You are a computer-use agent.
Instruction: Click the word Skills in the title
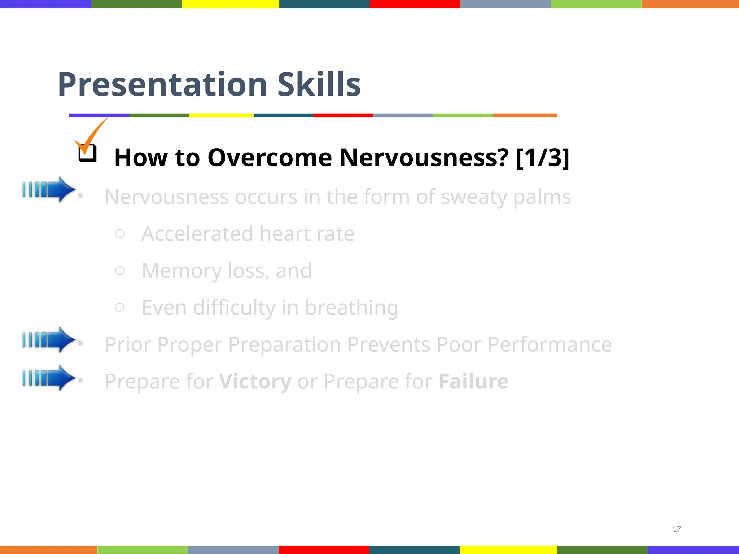[319, 85]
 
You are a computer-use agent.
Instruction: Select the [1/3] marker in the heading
[542, 158]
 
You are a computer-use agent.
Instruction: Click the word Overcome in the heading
[270, 158]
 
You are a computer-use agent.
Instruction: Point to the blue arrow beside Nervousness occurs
[49, 189]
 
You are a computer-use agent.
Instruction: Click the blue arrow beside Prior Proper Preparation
[49, 339]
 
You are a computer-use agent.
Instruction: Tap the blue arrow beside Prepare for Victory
[49, 378]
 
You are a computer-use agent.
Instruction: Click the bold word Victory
[255, 382]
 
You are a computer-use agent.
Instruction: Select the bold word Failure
[473, 382]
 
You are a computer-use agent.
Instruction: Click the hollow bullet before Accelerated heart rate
[120, 234]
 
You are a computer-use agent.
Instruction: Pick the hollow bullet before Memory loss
[120, 271]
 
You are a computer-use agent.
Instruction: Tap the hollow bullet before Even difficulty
[120, 307]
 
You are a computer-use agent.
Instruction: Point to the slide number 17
[677, 529]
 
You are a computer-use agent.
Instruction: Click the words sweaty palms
[506, 197]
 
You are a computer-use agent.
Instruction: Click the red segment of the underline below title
[343, 115]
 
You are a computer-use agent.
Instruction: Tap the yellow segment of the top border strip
[230, 4]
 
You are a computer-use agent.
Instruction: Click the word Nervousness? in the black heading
[424, 158]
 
